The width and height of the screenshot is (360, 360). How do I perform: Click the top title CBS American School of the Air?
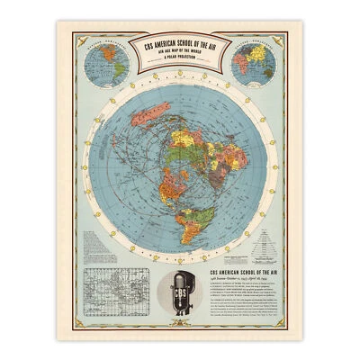click(180, 42)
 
